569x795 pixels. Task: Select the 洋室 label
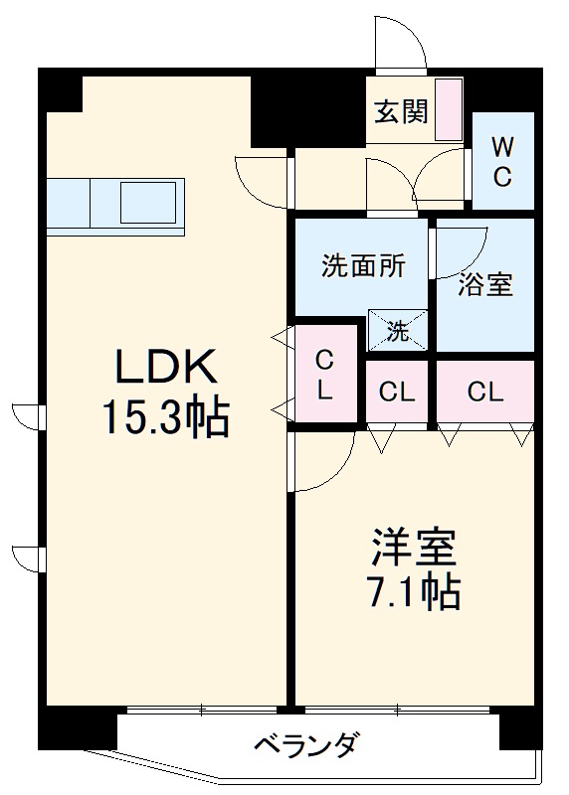(x=414, y=548)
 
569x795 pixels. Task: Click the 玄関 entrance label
(x=401, y=111)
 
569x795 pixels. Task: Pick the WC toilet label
(x=503, y=162)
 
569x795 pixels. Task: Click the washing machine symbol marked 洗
(x=398, y=330)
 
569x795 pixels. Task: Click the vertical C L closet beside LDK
(x=325, y=375)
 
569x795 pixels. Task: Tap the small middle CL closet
(x=396, y=392)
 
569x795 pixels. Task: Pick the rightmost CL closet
(x=484, y=391)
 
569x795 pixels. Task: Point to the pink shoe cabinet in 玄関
(x=448, y=108)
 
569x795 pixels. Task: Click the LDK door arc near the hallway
(x=261, y=177)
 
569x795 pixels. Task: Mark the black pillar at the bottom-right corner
(x=518, y=730)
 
